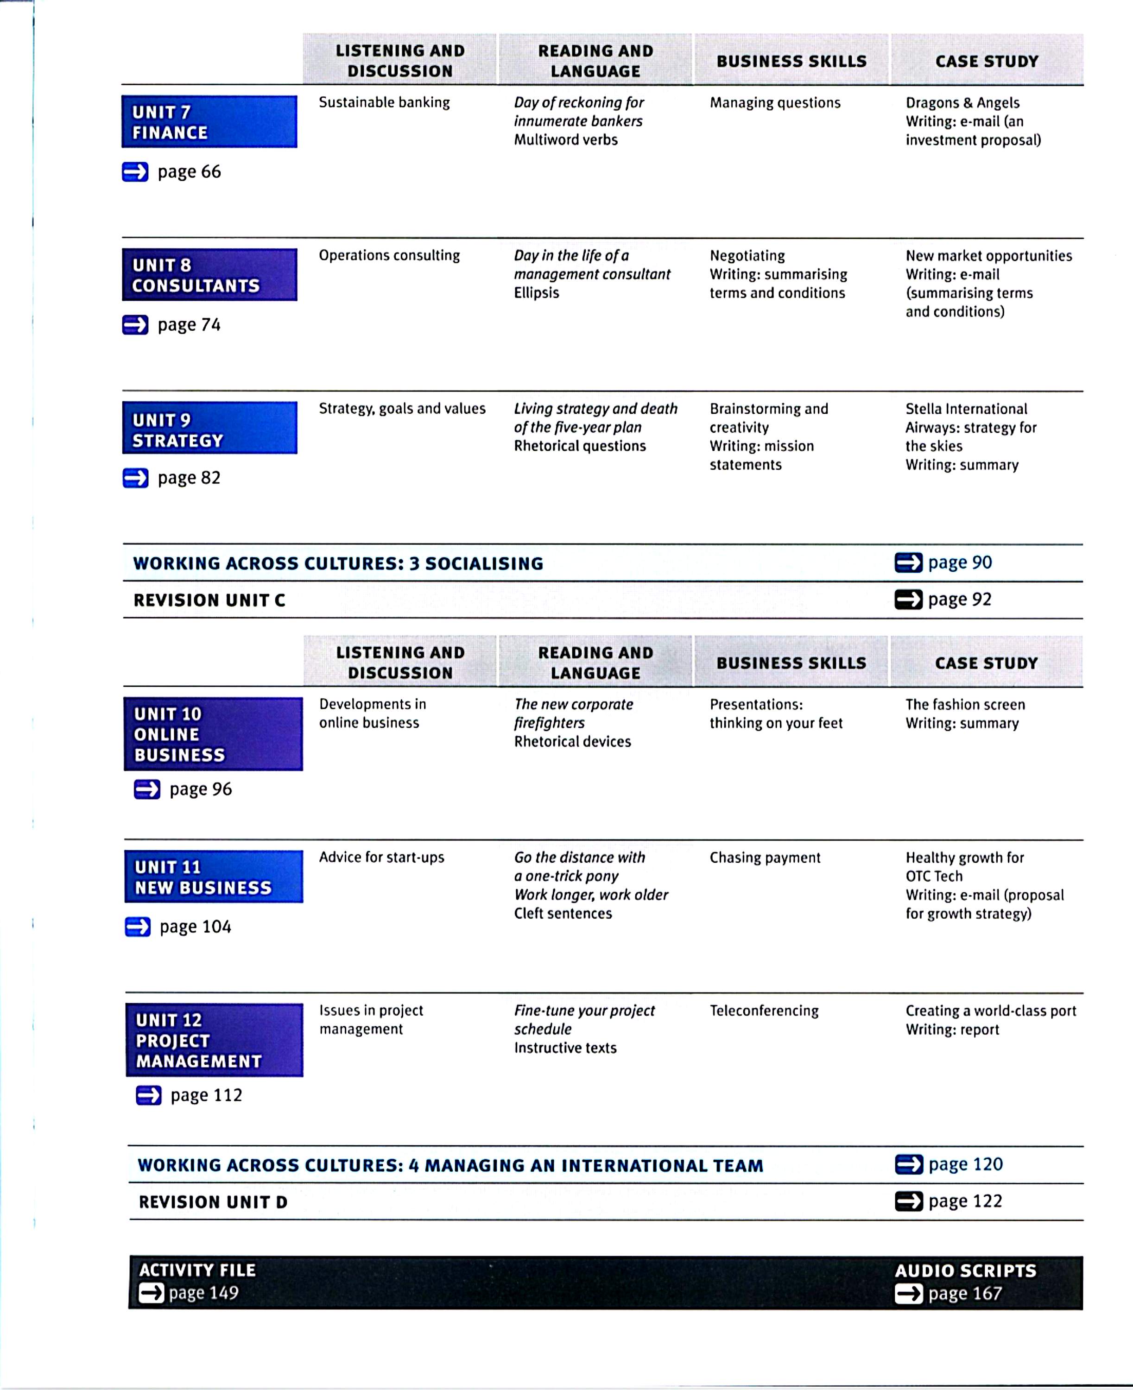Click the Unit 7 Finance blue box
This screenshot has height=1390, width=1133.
point(209,122)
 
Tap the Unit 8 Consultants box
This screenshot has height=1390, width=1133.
point(209,275)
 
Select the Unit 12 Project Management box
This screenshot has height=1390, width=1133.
point(214,1040)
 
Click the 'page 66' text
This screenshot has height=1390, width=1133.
point(189,171)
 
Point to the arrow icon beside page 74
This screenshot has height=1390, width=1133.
point(135,325)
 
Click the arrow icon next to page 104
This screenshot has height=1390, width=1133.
point(137,927)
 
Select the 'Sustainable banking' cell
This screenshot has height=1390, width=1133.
point(384,102)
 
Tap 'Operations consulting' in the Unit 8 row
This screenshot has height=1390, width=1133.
point(389,255)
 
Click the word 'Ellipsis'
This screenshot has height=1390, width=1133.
point(537,293)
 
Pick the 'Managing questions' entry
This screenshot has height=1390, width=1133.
point(775,102)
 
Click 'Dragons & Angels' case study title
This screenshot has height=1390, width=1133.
point(962,102)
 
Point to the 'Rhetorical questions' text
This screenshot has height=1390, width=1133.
point(580,446)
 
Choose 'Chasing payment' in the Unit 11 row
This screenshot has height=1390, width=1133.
point(765,858)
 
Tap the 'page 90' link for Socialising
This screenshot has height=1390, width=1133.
point(959,562)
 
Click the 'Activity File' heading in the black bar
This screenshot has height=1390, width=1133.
point(197,1270)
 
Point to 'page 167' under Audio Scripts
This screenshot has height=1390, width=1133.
point(965,1294)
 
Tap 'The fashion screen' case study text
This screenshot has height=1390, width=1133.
point(965,704)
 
